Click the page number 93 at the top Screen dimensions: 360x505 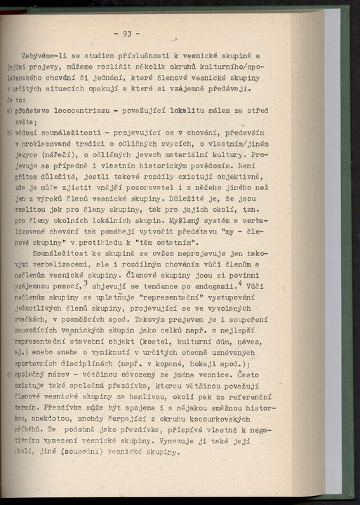tap(127, 33)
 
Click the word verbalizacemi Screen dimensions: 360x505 tap(52, 268)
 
